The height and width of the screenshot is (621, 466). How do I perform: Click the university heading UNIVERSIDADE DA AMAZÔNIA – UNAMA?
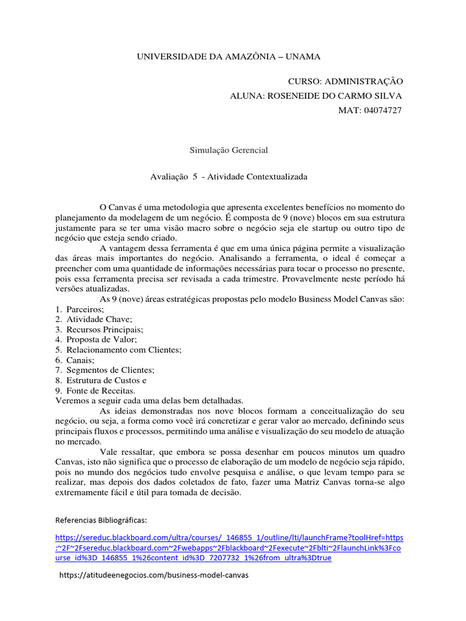pyautogui.click(x=228, y=56)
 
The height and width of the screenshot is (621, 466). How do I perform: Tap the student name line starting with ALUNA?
pyautogui.click(x=316, y=96)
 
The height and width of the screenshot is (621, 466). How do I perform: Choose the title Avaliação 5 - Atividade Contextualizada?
pyautogui.click(x=229, y=176)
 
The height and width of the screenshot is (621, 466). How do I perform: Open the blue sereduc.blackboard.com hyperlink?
pyautogui.click(x=229, y=548)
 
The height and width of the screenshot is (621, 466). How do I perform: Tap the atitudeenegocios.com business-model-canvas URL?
pyautogui.click(x=154, y=575)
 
